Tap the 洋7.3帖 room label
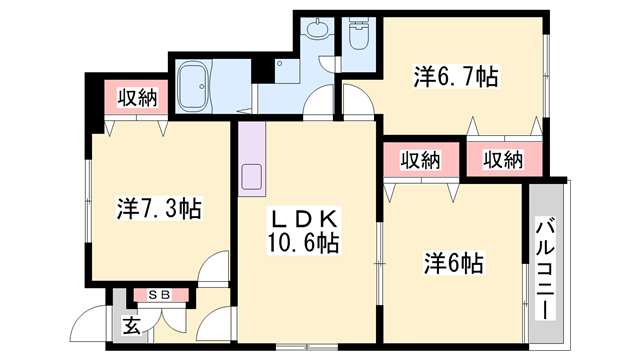[159, 209]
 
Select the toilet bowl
[357, 38]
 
